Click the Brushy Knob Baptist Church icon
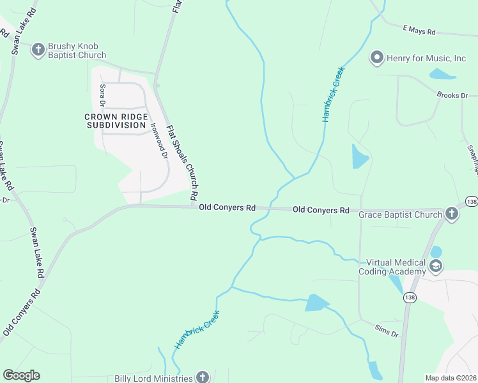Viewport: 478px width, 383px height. click(x=38, y=49)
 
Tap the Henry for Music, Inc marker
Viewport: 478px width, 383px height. click(x=376, y=58)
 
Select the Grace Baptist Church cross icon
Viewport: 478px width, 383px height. click(x=452, y=214)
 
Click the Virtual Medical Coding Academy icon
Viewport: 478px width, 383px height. click(x=436, y=266)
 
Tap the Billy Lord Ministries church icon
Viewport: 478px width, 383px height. click(x=203, y=377)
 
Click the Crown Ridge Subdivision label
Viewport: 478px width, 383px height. click(x=116, y=121)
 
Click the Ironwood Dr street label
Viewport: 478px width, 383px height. click(x=158, y=140)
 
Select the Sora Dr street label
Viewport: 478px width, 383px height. click(x=102, y=95)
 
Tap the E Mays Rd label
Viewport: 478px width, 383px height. click(x=419, y=30)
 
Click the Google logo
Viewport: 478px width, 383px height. click(x=21, y=375)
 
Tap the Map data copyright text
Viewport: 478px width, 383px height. click(x=451, y=377)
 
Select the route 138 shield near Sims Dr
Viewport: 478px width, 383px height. click(x=410, y=297)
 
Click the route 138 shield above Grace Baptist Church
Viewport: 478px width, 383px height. click(x=471, y=201)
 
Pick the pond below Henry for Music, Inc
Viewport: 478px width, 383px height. click(x=442, y=74)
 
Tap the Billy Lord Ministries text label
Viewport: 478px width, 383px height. click(x=153, y=379)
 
